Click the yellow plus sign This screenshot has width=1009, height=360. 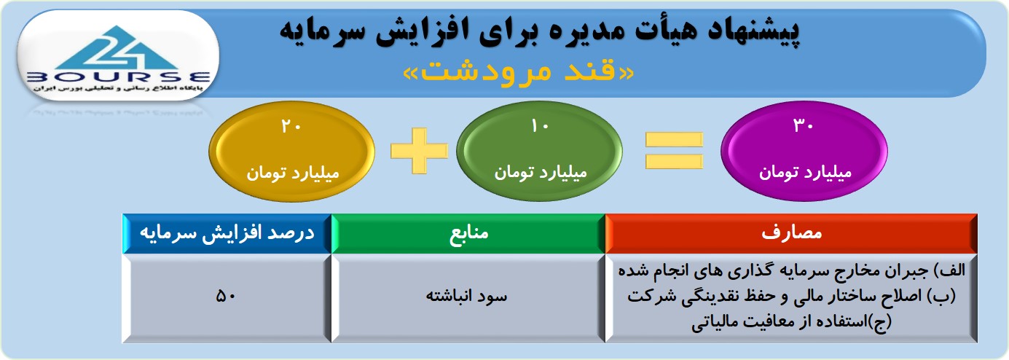(x=419, y=151)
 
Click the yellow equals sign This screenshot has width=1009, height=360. (x=674, y=151)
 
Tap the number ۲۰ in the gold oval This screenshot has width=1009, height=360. (x=291, y=126)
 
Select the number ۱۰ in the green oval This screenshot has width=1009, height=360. (x=540, y=126)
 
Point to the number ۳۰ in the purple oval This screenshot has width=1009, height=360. (x=804, y=125)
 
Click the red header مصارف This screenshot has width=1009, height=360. (x=791, y=233)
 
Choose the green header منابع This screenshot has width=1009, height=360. (x=468, y=233)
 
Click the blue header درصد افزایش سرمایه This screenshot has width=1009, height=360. (x=227, y=233)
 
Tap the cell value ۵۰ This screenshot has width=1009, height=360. (x=226, y=296)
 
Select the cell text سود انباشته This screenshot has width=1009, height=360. (x=467, y=296)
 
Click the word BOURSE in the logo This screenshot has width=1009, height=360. (x=119, y=77)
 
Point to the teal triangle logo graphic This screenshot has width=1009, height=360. (x=117, y=47)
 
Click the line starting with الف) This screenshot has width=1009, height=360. (x=791, y=271)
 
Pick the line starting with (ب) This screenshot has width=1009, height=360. (x=791, y=297)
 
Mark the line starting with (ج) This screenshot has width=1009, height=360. (x=791, y=321)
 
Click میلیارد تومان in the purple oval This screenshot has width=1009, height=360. (x=805, y=173)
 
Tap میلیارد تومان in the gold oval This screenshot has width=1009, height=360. (x=292, y=173)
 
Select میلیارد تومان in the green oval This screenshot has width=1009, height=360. (x=541, y=173)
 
